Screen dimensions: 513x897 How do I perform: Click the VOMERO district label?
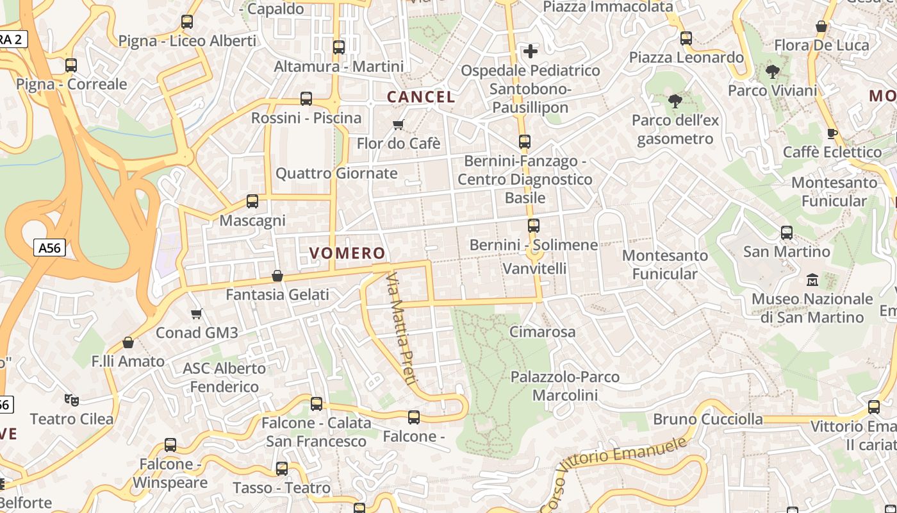(347, 253)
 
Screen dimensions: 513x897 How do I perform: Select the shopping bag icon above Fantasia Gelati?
(277, 276)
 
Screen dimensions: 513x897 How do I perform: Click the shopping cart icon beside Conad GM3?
(197, 314)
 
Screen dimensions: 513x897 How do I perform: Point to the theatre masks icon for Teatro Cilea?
(72, 400)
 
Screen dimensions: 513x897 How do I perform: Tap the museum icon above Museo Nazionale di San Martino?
(812, 280)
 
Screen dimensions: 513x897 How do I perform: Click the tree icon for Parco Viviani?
(773, 71)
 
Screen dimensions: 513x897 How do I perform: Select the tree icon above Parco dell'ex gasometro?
(675, 101)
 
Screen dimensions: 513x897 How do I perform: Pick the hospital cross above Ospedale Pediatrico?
(531, 51)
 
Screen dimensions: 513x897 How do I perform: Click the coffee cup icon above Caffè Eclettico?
(832, 133)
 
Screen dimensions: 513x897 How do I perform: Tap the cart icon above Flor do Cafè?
(399, 124)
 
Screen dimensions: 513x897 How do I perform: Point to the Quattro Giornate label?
(336, 173)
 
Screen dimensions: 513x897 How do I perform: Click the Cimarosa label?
(542, 332)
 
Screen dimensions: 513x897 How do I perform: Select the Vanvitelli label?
(534, 268)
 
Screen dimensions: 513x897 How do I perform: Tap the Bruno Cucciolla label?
(708, 419)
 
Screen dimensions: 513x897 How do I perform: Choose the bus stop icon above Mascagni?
(252, 201)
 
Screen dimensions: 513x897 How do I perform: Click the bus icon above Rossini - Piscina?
(306, 99)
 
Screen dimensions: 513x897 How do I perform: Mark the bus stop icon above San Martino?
(787, 232)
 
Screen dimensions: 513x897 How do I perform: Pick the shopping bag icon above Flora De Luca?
(821, 26)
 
